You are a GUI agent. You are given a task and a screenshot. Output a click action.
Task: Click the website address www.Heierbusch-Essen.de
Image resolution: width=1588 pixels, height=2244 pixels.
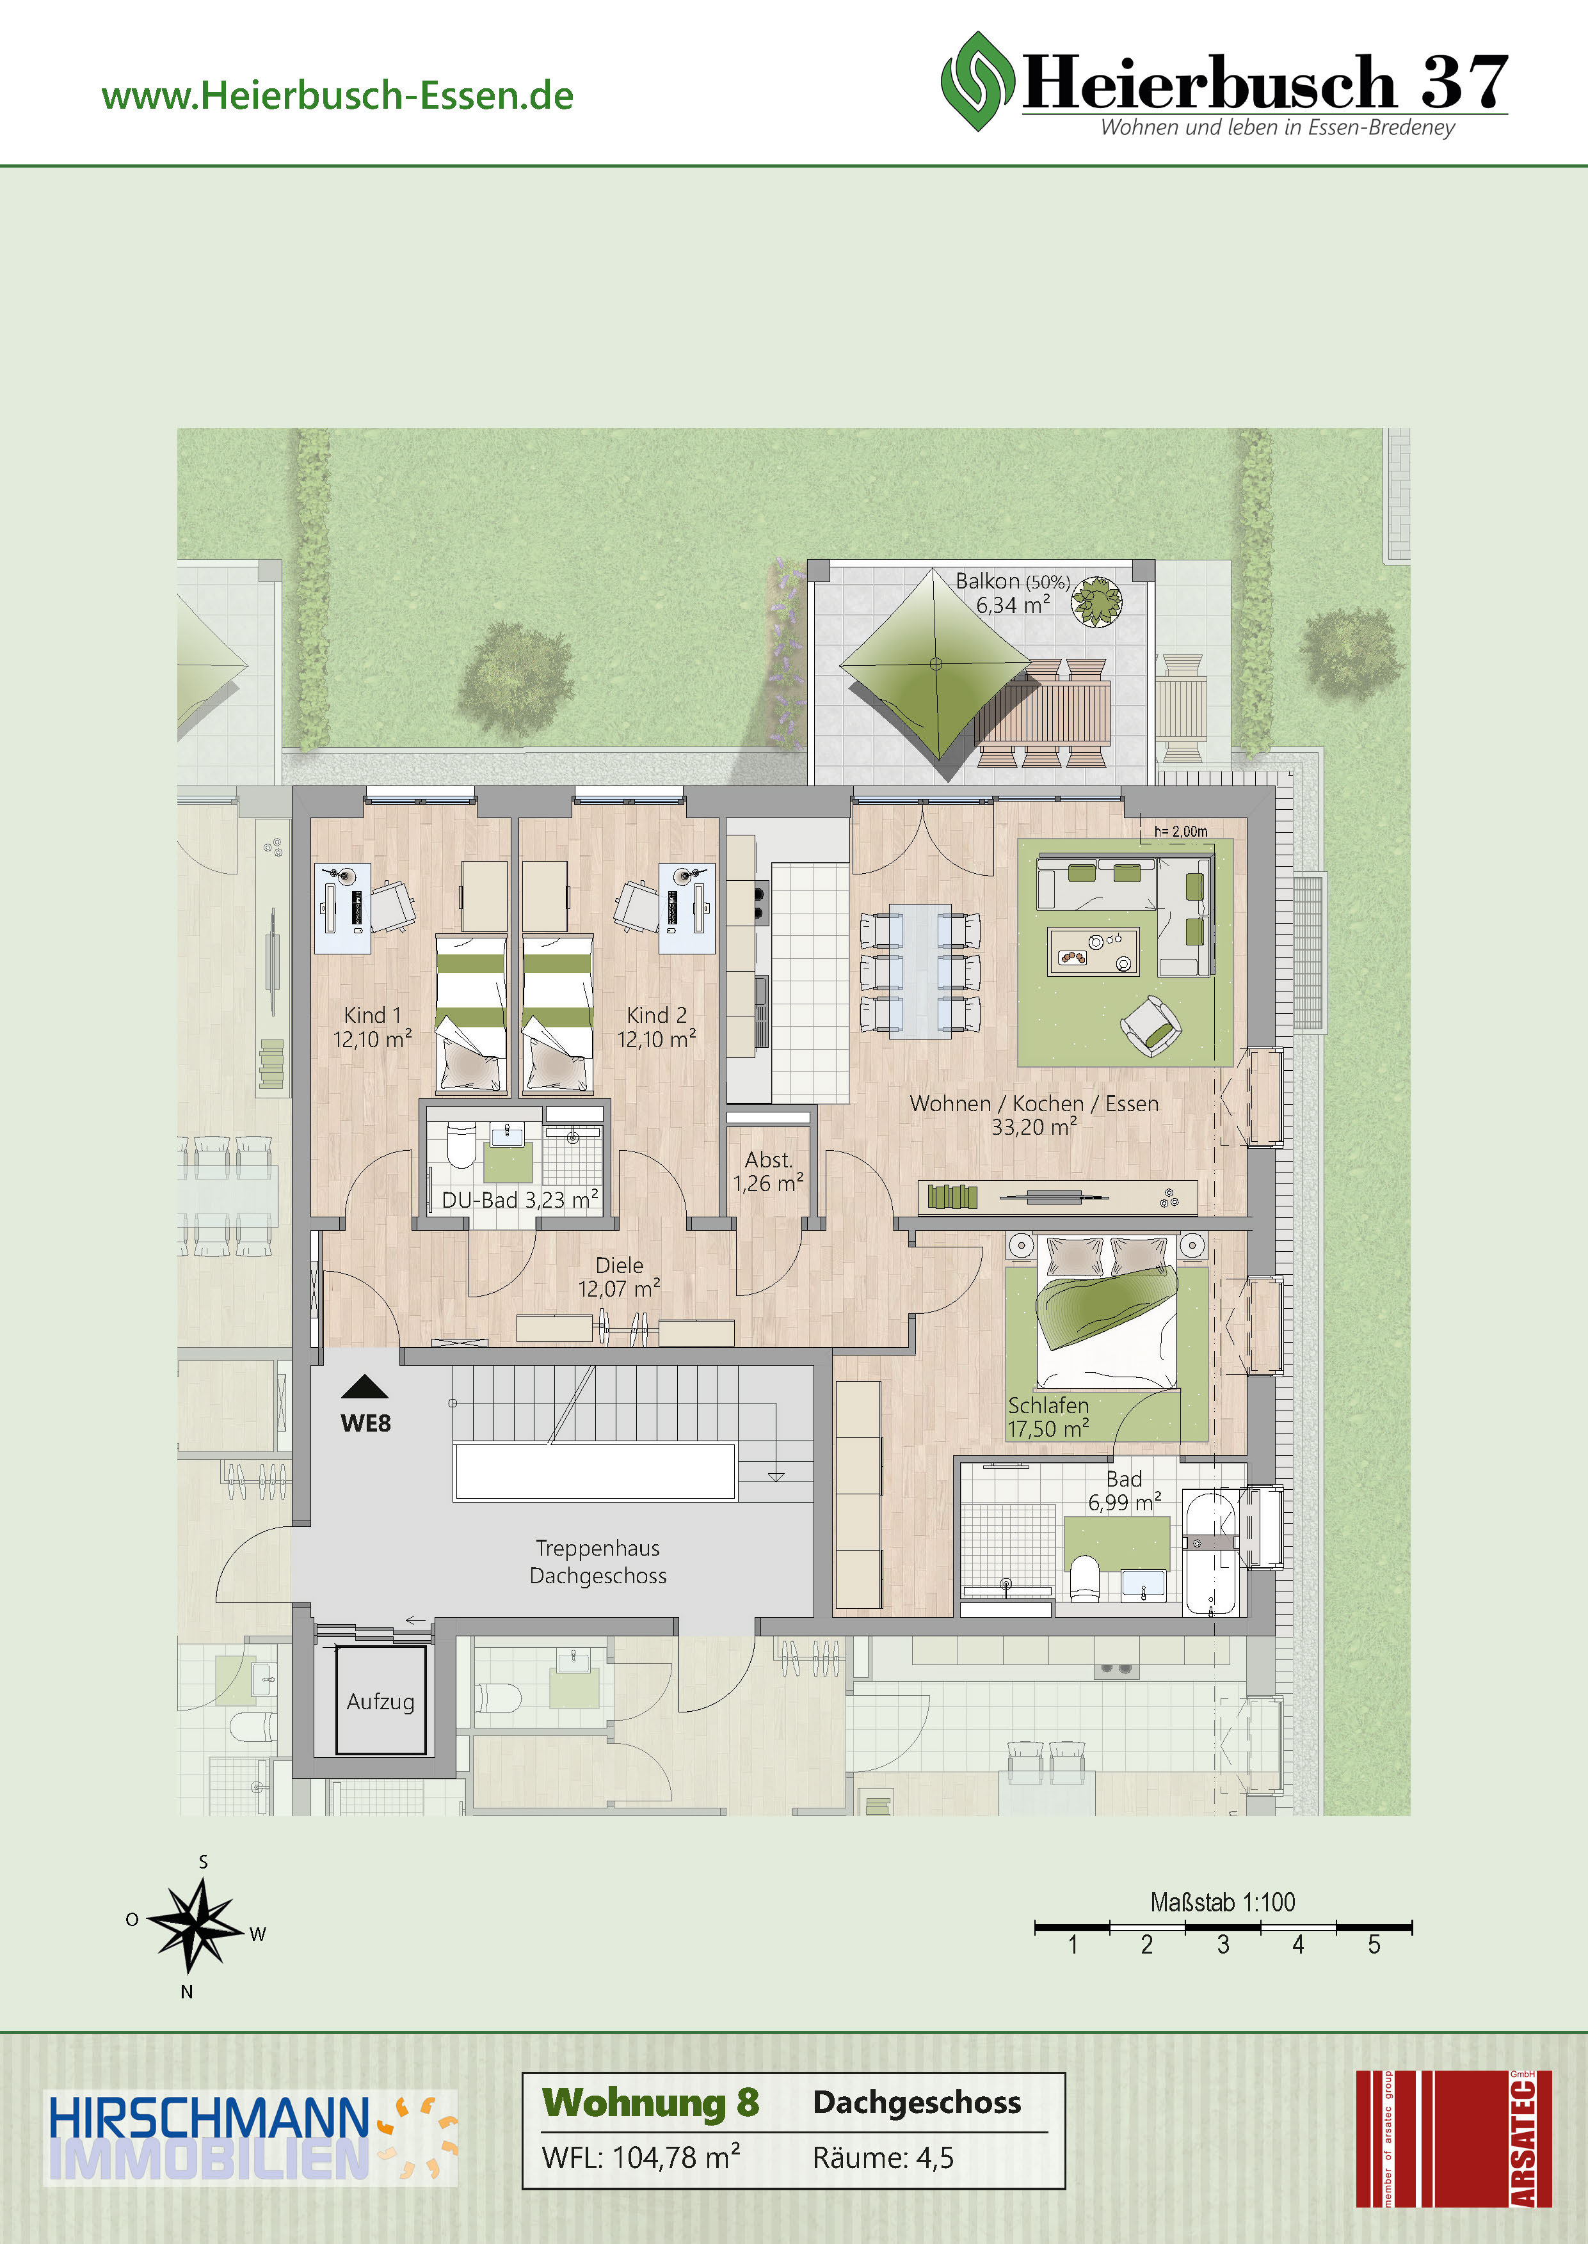tap(337, 96)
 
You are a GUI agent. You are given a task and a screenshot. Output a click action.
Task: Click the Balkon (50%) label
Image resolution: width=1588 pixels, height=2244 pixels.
tap(1012, 581)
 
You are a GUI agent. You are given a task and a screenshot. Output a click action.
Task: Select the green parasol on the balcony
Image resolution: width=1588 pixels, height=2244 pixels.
tap(936, 665)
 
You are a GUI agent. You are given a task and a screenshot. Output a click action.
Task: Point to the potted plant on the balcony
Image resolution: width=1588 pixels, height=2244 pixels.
tap(1097, 600)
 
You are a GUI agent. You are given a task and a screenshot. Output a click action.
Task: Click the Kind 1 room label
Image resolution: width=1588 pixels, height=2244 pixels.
tap(373, 1015)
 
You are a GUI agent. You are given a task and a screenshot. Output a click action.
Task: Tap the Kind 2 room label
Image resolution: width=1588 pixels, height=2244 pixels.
tap(657, 1015)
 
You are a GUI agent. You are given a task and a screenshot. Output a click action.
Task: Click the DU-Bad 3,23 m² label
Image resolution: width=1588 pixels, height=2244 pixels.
tap(520, 1199)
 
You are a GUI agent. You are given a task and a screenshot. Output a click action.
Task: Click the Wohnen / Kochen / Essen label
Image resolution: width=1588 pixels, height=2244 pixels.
tap(1034, 1103)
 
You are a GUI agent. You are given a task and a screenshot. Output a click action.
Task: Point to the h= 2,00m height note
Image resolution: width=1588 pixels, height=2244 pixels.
tap(1181, 832)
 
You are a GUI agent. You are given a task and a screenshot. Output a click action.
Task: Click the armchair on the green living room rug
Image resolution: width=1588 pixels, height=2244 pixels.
tap(1151, 1026)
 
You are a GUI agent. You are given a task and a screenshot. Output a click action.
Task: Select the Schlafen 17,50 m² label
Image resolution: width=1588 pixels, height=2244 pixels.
tap(1048, 1417)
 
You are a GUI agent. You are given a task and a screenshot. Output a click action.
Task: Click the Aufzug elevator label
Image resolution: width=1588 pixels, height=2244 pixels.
tap(380, 1702)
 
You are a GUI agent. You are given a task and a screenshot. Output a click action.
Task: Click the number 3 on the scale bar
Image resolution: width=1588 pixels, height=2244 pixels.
tap(1223, 1945)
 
